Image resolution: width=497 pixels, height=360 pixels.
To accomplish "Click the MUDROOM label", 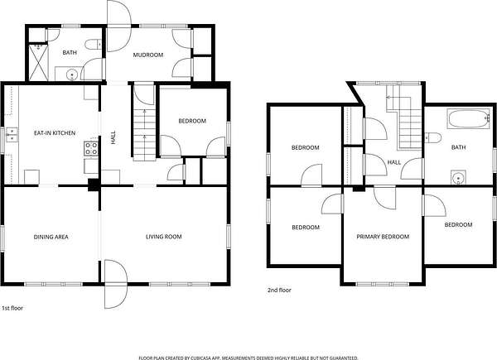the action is pos(148,55).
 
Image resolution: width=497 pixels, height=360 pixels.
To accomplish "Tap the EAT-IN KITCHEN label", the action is pos(55,132).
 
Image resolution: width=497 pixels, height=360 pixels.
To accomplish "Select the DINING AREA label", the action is pos(51,237).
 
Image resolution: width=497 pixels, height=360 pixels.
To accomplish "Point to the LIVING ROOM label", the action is pos(163,237).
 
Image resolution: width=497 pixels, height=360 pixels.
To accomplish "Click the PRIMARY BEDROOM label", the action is pos(383,237).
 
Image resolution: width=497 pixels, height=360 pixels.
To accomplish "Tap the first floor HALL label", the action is pos(113,137).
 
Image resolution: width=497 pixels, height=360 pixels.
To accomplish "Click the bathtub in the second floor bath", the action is pos(469,118).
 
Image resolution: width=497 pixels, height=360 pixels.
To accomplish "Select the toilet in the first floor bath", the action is pos(94,45).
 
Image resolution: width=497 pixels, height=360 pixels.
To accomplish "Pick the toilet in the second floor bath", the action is pos(433,137).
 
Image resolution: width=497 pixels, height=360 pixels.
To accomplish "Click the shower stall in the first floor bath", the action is pos(38,63).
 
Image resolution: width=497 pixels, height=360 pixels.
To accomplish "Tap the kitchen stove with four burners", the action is pos(91,148).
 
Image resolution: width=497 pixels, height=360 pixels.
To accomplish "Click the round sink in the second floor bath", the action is pos(458,177).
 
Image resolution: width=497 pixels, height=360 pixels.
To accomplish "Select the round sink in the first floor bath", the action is pos(71,74).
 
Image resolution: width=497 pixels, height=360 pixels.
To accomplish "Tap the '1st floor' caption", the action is pos(12,308).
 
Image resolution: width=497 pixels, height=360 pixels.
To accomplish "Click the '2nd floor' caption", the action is pos(279,290).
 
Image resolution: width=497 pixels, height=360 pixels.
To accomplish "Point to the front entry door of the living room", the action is pos(116,284).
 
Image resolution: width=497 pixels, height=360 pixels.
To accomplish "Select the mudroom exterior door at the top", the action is pos(118,26).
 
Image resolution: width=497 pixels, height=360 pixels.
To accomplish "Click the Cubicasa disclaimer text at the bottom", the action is pos(248,358).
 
